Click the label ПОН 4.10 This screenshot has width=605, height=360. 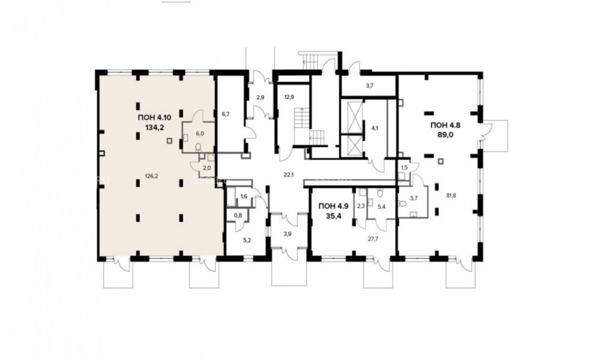[154, 117]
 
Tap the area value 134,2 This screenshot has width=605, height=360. [154, 128]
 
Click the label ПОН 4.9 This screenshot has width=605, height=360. [333, 206]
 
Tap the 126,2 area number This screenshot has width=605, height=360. [151, 176]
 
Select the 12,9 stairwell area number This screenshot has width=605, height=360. [289, 97]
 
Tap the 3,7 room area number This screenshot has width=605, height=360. [370, 86]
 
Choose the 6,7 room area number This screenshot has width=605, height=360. [226, 114]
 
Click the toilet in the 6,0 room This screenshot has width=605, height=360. [198, 146]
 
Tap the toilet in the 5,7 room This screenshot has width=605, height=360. [404, 203]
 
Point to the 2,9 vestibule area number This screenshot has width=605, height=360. [260, 97]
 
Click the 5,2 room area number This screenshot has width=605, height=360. [247, 240]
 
